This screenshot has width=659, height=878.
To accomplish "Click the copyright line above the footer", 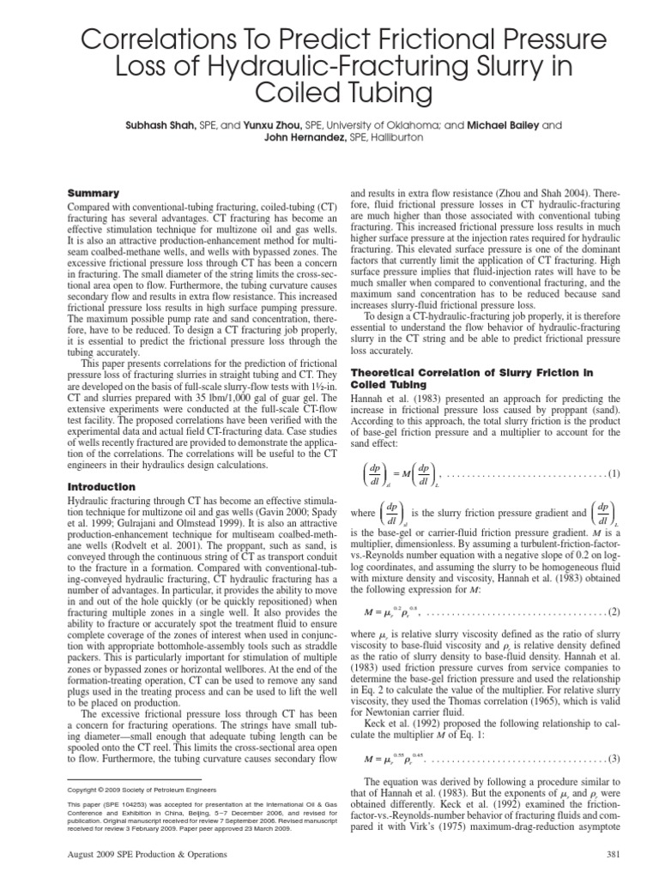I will (142, 790).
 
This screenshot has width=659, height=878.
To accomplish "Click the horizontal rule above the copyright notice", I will (111, 778).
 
